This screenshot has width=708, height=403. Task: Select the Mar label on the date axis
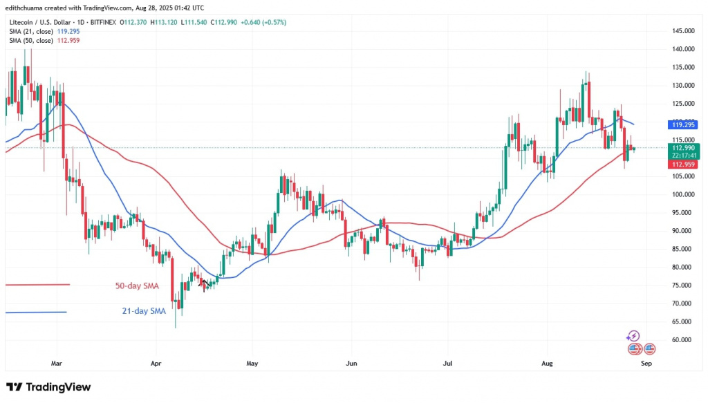coord(57,362)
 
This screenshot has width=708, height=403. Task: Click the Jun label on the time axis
coord(351,362)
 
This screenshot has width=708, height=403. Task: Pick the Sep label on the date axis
coord(646,362)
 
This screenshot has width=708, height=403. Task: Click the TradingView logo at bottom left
coord(48,387)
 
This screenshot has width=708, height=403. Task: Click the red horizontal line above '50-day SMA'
coord(37,285)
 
